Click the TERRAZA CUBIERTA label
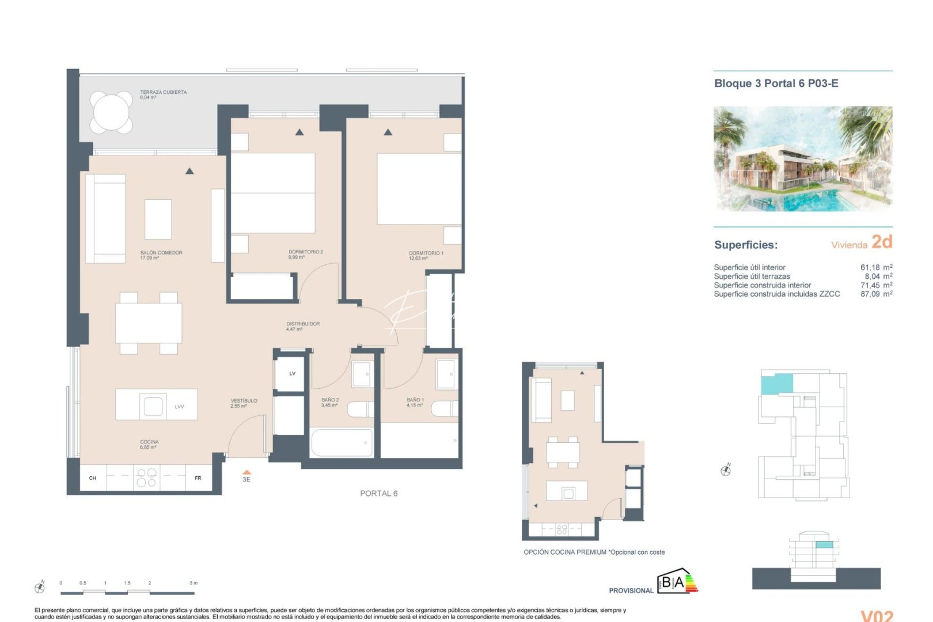[163, 93]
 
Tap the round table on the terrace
[111, 112]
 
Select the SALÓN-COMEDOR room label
[161, 253]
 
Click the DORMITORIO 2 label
[305, 252]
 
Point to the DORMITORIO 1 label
[426, 253]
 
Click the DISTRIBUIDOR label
[303, 324]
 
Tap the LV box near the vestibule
[292, 374]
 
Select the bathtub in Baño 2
[342, 442]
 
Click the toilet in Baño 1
[445, 408]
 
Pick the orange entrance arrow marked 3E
[246, 472]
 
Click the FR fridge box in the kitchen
[198, 478]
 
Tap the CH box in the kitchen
[93, 478]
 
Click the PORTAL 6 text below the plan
[378, 494]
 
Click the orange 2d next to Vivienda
[882, 242]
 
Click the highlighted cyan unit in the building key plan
[776, 384]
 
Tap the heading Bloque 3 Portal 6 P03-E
[776, 84]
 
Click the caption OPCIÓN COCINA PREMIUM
[564, 552]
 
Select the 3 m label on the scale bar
[194, 583]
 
